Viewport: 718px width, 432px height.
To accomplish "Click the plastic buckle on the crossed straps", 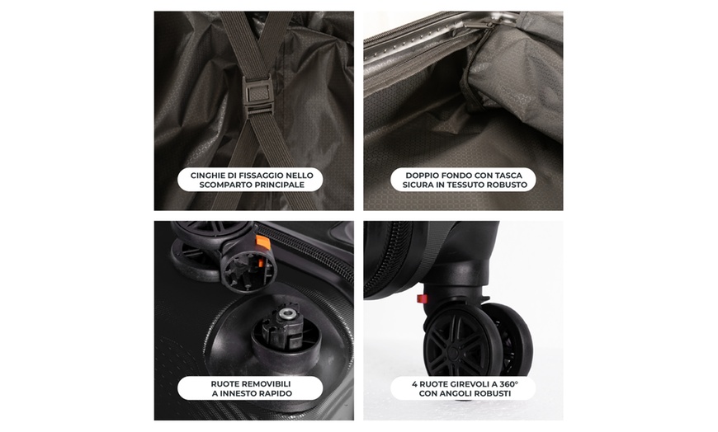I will pos(258,89).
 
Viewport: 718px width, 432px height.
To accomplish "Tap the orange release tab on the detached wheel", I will pos(262,242).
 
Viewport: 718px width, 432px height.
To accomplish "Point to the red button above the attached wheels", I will pos(422,298).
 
